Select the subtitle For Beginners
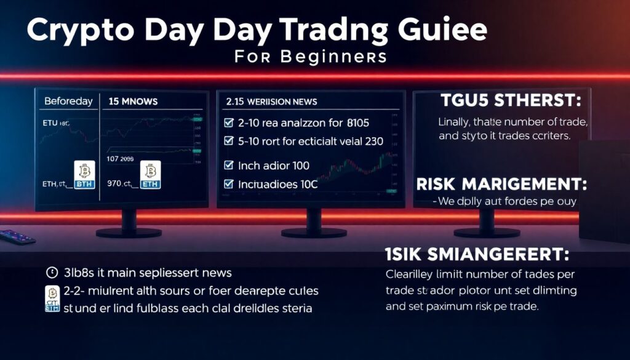click(x=311, y=57)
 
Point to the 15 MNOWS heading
click(x=133, y=101)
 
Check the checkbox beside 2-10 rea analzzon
click(x=229, y=122)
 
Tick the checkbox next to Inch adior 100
click(x=229, y=166)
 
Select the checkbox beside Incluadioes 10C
click(x=229, y=183)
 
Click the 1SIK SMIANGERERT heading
click(x=476, y=254)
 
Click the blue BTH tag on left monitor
click(x=83, y=184)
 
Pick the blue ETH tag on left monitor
click(x=150, y=183)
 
